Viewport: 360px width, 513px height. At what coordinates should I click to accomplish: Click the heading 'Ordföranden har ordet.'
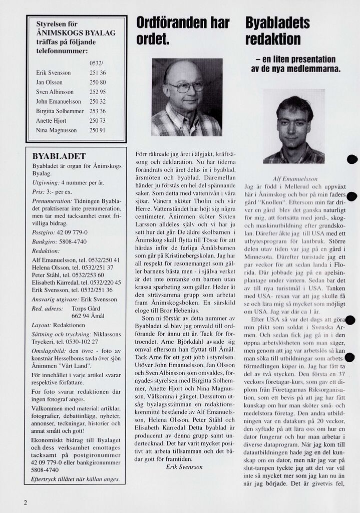click(183, 31)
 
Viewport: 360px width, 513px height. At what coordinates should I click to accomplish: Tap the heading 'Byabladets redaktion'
click(277, 31)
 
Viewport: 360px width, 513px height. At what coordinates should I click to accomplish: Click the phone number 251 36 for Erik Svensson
click(98, 73)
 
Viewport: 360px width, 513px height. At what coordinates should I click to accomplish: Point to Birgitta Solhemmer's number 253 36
click(98, 111)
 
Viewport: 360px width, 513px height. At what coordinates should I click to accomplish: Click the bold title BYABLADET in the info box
click(59, 156)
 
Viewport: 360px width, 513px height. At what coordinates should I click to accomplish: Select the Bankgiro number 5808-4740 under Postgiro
click(72, 241)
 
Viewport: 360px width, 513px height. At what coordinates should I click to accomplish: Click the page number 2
click(25, 502)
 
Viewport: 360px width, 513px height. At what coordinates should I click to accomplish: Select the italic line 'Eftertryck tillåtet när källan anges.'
click(76, 478)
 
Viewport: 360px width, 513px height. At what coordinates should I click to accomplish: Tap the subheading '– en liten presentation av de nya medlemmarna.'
click(295, 64)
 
